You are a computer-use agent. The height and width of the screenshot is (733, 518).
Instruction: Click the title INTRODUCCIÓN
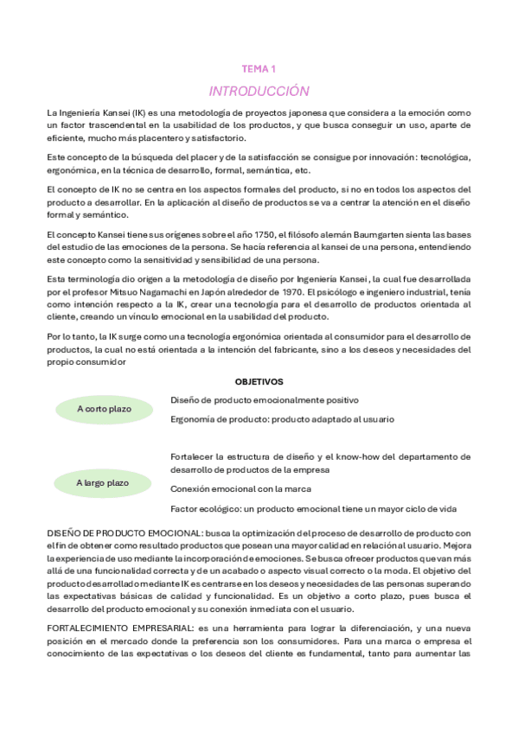pyautogui.click(x=259, y=91)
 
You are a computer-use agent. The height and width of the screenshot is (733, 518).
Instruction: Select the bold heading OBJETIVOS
pyautogui.click(x=259, y=381)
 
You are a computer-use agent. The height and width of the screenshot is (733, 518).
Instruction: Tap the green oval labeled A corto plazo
pyautogui.click(x=103, y=408)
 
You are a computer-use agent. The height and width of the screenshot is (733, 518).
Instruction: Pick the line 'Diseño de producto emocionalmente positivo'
pyautogui.click(x=264, y=400)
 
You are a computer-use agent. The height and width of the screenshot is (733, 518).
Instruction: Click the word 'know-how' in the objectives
pyautogui.click(x=374, y=456)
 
